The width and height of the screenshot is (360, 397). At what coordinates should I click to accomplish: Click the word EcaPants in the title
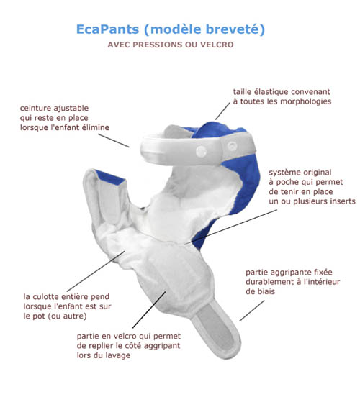[107, 29]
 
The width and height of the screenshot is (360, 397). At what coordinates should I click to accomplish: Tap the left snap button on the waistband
[201, 151]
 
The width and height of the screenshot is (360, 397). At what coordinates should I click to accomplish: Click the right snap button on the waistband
[232, 146]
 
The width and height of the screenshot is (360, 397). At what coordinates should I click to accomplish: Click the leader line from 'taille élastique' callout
[222, 111]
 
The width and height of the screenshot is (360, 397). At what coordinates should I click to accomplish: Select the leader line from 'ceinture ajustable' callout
[114, 140]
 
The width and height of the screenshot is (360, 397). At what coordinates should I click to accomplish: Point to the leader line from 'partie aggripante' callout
[252, 311]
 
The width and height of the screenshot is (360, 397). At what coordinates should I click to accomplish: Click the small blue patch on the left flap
[111, 178]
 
